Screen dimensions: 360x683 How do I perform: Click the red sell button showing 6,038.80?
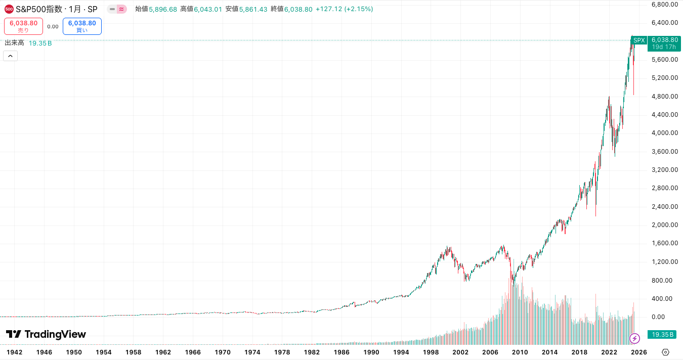click(23, 26)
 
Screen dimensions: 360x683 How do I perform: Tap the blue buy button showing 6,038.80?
click(82, 26)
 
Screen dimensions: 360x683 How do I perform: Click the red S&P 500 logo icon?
click(9, 9)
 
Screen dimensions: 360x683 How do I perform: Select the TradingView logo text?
click(46, 334)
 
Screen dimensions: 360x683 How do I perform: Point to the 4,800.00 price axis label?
click(665, 96)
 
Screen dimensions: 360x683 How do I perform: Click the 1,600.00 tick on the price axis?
click(665, 243)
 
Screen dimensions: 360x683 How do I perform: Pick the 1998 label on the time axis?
click(431, 352)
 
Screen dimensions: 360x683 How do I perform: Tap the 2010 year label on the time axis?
click(520, 352)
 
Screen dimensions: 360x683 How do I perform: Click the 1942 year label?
click(14, 352)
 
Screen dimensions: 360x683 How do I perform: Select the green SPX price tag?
click(639, 40)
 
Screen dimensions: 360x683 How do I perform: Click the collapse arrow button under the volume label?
click(10, 56)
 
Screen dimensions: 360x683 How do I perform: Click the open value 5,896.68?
click(163, 9)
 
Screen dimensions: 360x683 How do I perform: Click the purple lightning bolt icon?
click(634, 338)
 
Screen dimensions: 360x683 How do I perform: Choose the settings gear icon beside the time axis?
click(665, 352)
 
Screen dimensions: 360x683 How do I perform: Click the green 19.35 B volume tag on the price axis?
click(662, 335)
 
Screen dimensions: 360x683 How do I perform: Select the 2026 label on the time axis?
click(638, 352)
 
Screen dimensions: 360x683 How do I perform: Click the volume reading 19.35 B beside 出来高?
click(40, 43)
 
